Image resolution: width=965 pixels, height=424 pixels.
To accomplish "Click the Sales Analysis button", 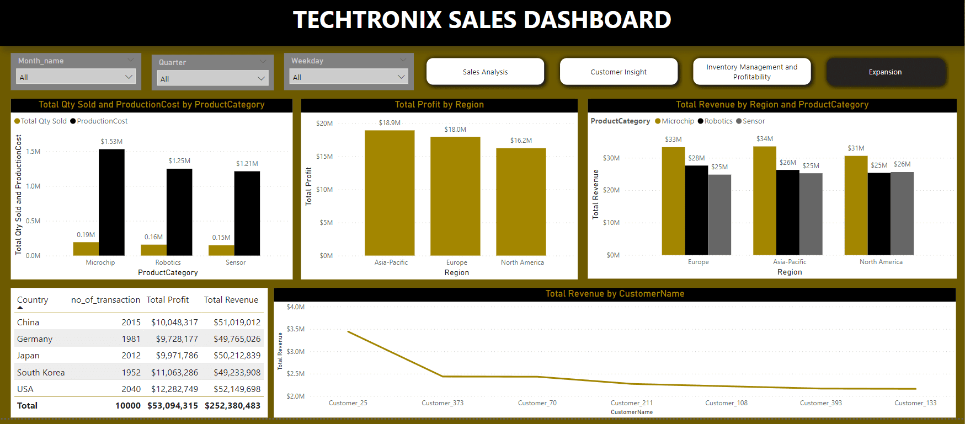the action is (485, 72).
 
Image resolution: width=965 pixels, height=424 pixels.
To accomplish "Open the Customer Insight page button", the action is (619, 72).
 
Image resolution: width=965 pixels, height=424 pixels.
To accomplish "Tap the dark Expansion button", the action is (885, 72).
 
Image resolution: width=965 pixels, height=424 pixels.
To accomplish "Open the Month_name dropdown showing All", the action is (76, 77).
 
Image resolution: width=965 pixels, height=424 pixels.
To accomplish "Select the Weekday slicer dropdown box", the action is (349, 77).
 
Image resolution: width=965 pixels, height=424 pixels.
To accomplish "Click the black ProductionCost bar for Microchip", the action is (111, 202).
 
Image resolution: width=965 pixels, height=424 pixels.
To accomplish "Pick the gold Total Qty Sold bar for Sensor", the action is (221, 250).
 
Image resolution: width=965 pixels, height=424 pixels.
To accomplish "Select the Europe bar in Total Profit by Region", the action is (455, 196).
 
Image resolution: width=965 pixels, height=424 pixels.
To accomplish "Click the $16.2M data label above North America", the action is (521, 141).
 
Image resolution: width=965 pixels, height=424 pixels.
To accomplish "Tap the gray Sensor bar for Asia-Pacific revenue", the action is (811, 214).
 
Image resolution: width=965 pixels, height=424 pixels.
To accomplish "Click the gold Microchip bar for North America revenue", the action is (856, 205).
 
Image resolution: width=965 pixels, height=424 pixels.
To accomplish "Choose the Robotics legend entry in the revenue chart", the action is (716, 121).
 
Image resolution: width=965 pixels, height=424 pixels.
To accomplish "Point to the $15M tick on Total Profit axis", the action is (324, 157).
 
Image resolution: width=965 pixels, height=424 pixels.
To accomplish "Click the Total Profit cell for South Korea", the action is (174, 372).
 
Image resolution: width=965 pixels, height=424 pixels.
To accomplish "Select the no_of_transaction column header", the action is (105, 300).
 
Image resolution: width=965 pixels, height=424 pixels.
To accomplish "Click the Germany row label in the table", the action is (35, 339).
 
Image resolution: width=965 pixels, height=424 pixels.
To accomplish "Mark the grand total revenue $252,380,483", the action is (232, 406).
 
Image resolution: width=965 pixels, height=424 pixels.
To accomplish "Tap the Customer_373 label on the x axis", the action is (442, 403).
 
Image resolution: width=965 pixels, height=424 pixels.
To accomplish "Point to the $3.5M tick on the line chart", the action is (295, 329).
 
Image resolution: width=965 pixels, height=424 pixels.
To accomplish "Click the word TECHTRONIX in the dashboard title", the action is (367, 20).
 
